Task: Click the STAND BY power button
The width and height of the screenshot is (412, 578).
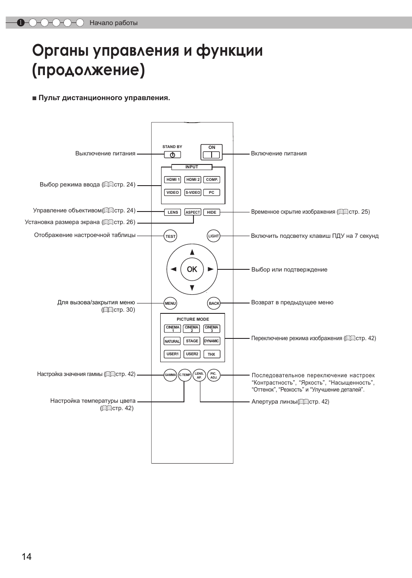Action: click(x=172, y=155)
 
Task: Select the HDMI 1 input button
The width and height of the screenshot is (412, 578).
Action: click(x=173, y=180)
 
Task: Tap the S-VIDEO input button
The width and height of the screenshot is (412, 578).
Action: click(x=193, y=193)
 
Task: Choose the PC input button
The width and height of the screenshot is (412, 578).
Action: click(x=212, y=193)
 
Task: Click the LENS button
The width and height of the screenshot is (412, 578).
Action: click(x=173, y=212)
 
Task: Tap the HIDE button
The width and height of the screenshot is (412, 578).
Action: click(x=212, y=212)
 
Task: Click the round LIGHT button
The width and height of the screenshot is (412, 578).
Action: click(x=213, y=236)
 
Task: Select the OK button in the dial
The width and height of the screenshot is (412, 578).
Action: click(x=192, y=269)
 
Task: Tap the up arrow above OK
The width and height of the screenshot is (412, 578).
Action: click(x=192, y=252)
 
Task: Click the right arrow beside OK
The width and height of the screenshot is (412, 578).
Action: click(x=211, y=269)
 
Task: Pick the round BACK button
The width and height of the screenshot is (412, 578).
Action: click(x=214, y=303)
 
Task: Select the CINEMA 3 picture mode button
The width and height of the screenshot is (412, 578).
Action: click(x=212, y=328)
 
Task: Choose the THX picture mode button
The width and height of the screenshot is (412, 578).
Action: click(x=212, y=354)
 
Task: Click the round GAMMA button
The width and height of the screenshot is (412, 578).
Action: click(x=170, y=375)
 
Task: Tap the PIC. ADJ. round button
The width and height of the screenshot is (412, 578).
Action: click(x=213, y=375)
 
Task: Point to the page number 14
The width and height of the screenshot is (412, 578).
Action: click(x=26, y=557)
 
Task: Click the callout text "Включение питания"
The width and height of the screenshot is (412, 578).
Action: click(x=279, y=154)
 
